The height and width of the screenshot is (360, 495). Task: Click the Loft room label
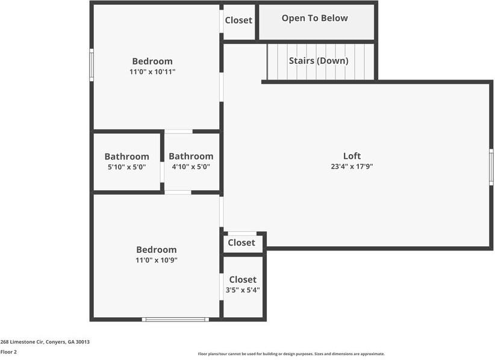352,156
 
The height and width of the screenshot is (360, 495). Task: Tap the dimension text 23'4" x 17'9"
352,167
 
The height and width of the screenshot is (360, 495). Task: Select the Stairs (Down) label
318,61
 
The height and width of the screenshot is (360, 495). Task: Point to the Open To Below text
314,18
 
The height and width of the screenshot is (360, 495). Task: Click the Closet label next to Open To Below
238,20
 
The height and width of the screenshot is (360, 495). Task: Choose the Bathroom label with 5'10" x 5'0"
126,157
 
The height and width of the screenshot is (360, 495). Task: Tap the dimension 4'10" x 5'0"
190,167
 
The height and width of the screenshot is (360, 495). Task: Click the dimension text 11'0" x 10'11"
152,72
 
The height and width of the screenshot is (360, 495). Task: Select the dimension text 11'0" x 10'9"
156,260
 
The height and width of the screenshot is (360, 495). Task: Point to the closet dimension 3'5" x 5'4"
242,290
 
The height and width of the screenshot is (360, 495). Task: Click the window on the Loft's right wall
491,167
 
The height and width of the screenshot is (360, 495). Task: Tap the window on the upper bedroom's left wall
92,65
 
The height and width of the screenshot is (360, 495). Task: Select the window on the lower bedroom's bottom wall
176,319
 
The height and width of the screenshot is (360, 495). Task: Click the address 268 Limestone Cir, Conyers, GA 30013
45,341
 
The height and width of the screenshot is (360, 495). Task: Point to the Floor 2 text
8,352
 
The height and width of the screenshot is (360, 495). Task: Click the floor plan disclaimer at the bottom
291,354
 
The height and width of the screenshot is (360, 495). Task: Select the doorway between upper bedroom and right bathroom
178,131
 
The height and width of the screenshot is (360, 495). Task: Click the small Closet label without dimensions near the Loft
241,243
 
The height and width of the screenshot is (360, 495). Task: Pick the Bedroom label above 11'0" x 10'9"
156,250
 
